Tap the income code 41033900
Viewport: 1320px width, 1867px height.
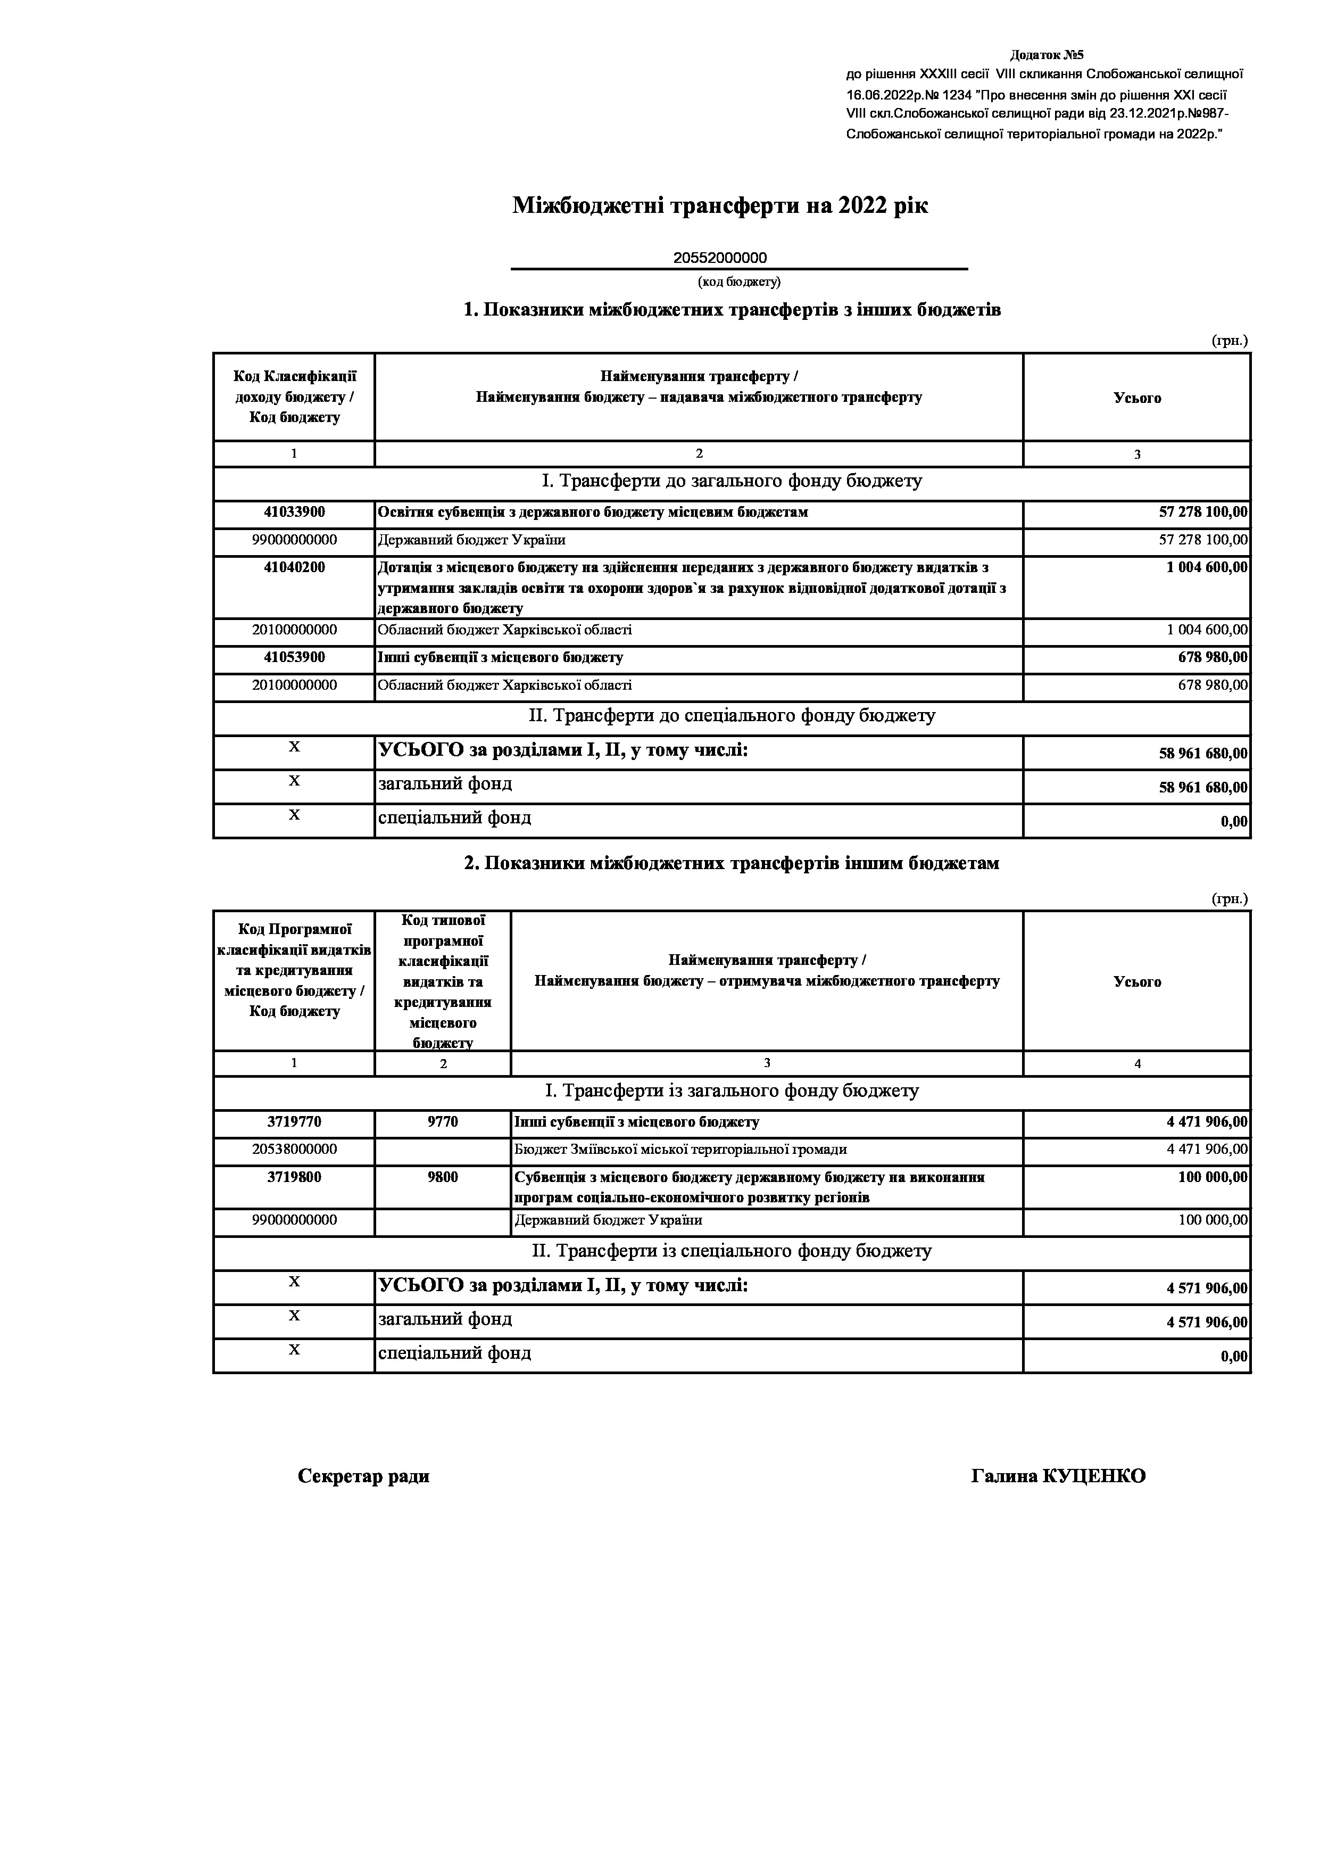click(x=294, y=513)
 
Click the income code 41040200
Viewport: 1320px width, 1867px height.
click(x=294, y=567)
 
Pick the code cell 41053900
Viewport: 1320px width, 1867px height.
click(x=294, y=657)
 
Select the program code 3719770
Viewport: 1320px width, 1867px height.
click(x=294, y=1122)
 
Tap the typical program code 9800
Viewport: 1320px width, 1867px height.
click(x=443, y=1177)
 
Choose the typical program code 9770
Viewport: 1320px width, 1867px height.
click(x=443, y=1122)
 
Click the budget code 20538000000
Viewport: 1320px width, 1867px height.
click(x=294, y=1149)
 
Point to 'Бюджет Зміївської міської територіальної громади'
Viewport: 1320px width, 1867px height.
click(x=680, y=1150)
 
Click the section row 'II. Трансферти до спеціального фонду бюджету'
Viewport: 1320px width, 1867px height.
click(x=732, y=716)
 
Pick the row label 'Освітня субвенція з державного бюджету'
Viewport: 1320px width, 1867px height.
click(x=593, y=513)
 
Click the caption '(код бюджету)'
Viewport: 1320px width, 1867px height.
click(x=739, y=282)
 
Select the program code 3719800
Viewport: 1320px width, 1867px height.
click(x=294, y=1177)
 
